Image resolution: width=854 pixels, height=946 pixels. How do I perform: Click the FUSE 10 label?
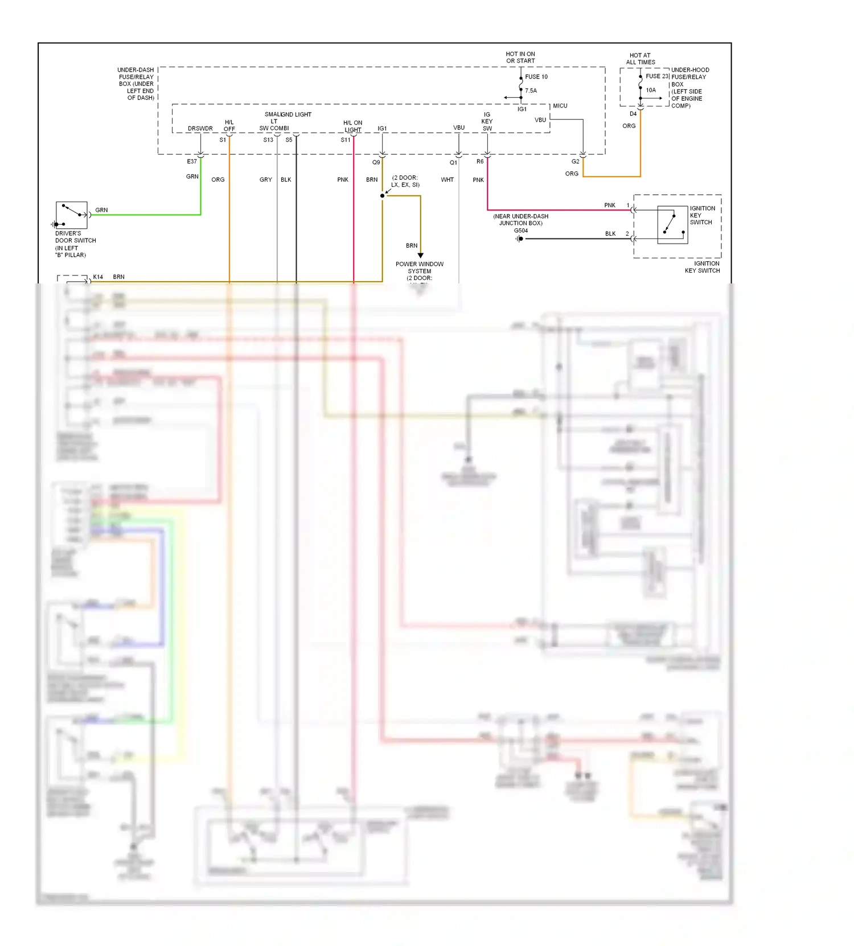536,77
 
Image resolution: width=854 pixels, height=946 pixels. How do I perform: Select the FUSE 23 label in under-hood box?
656,76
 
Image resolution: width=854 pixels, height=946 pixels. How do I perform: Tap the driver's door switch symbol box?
72,215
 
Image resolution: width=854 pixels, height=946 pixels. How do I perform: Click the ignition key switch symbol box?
672,225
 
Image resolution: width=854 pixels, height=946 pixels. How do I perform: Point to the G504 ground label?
521,231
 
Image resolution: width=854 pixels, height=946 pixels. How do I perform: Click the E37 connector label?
192,162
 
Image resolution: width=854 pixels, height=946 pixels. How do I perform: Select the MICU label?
560,106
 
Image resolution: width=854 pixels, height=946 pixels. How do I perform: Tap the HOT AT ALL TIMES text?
640,59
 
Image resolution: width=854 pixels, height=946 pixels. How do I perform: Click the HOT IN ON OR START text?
520,57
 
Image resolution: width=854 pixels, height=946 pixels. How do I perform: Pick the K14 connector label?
98,277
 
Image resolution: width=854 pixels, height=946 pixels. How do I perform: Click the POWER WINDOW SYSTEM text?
420,268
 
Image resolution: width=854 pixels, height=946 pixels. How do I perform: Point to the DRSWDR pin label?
200,129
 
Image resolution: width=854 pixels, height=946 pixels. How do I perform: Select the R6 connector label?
480,162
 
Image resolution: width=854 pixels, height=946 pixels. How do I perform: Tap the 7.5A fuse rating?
531,91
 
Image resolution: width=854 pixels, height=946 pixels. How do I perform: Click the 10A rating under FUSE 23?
651,90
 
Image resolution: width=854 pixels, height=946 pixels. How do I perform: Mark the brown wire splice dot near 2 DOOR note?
382,196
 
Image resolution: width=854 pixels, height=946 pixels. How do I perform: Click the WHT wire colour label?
447,180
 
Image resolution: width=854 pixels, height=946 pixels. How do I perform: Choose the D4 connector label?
633,114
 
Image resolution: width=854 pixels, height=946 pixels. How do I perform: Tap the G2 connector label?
575,162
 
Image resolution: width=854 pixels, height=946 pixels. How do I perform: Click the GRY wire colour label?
265,180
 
